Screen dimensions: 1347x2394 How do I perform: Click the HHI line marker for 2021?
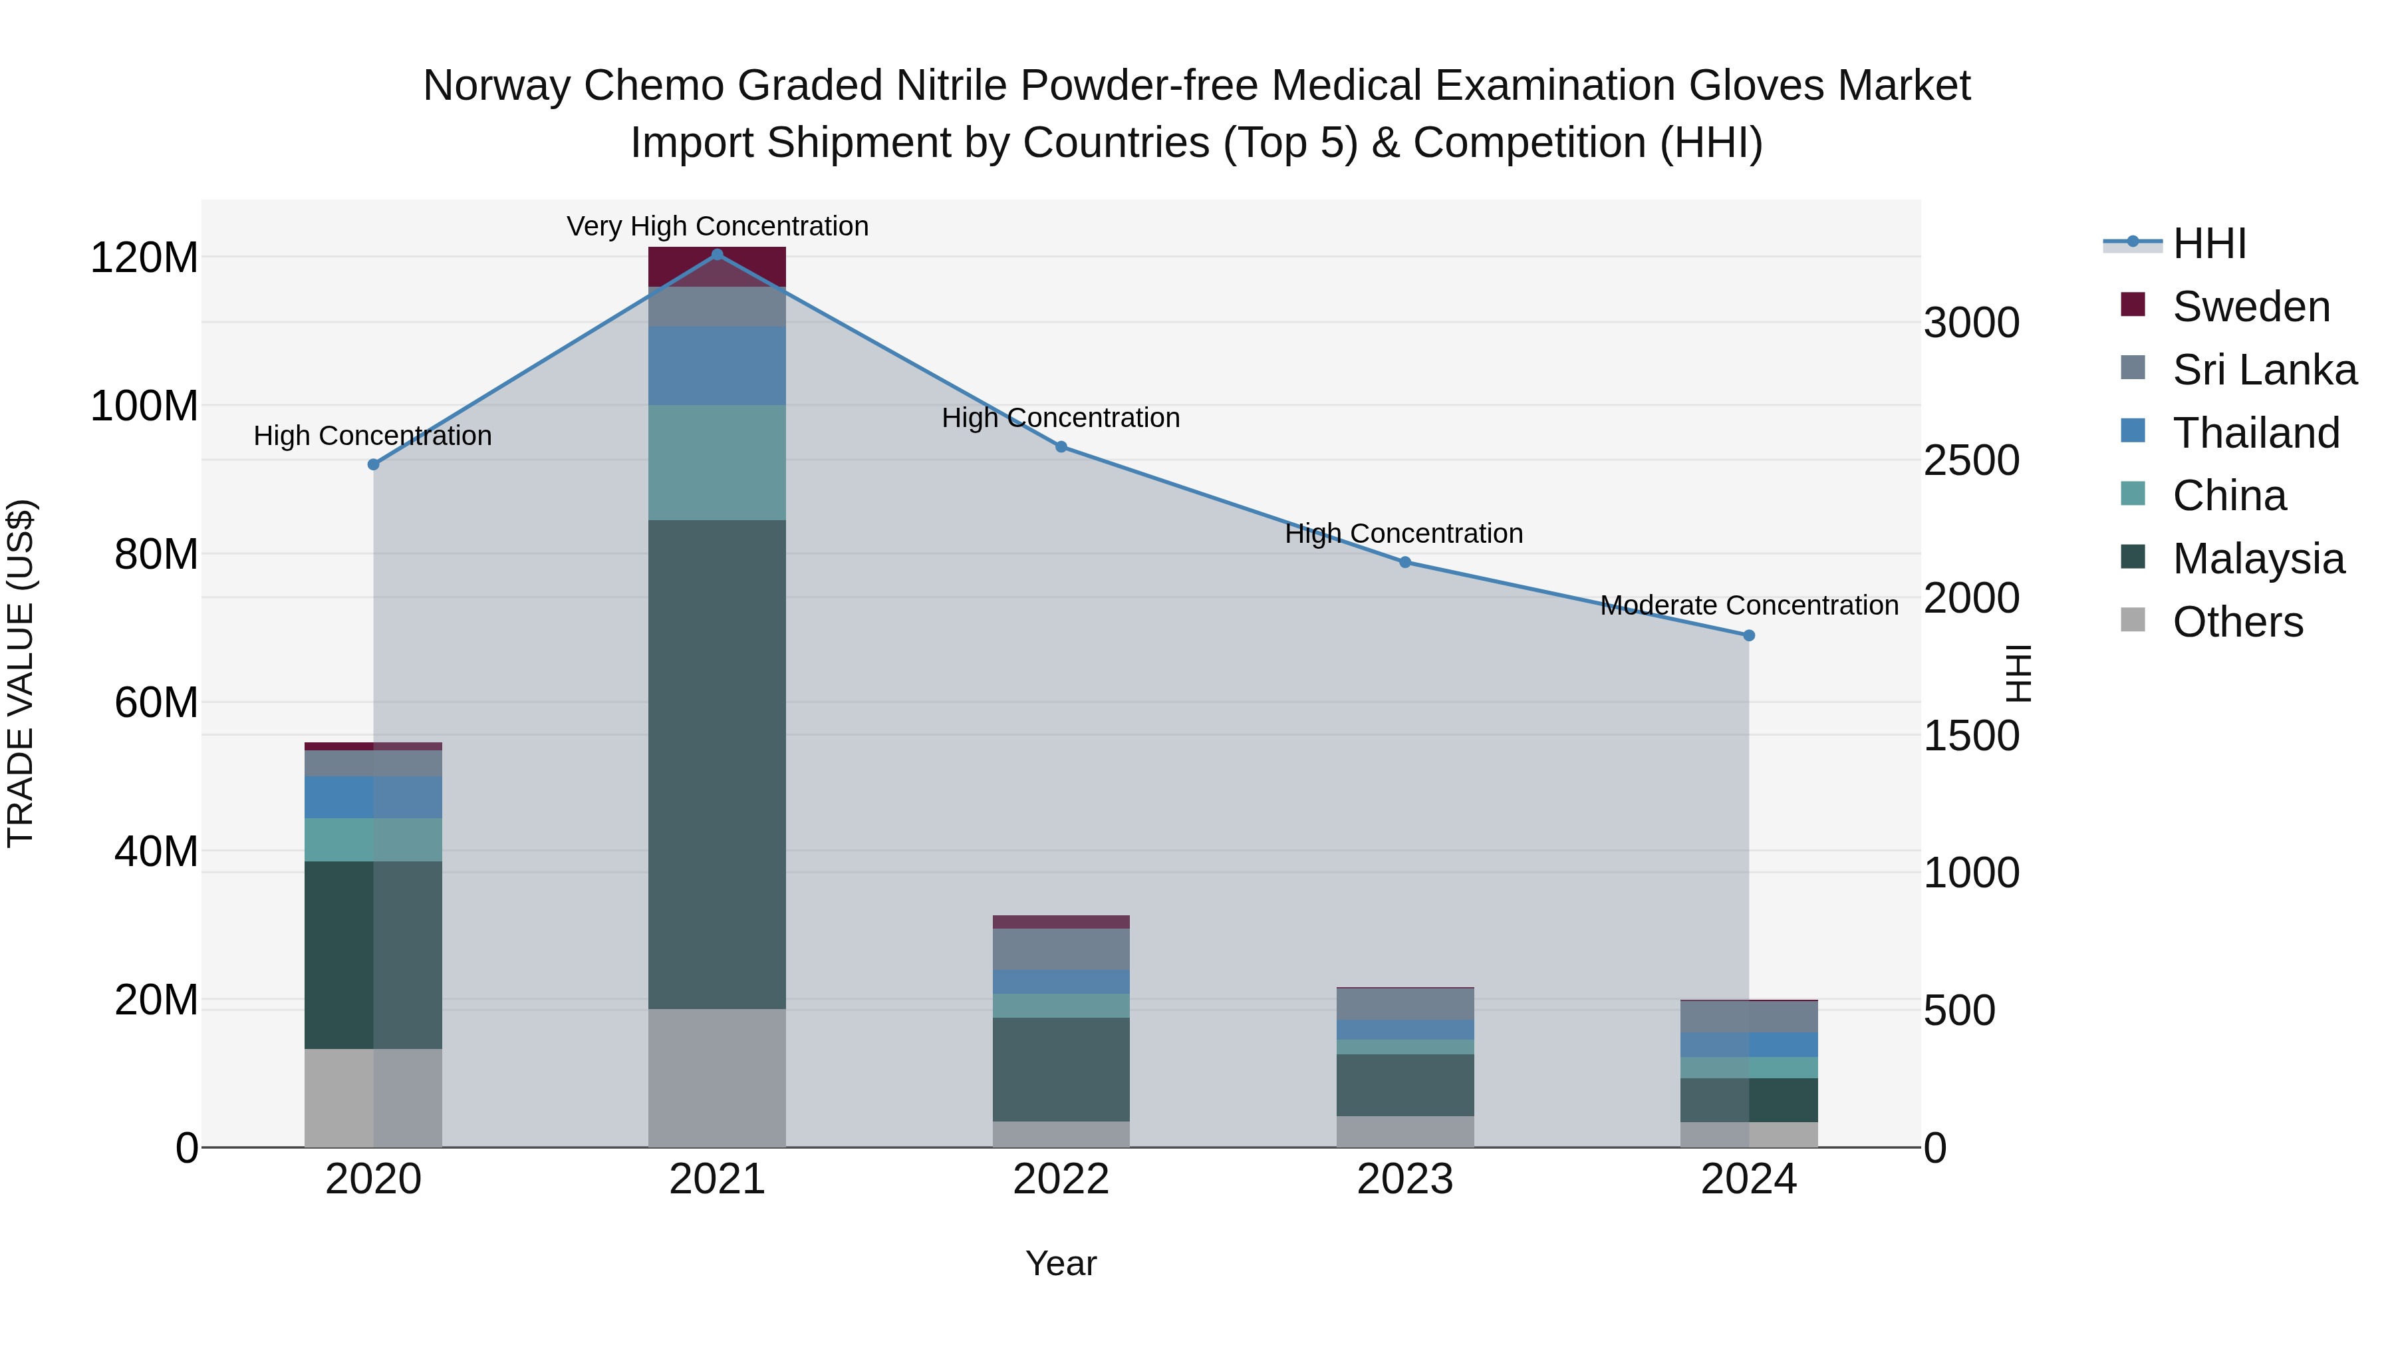716,255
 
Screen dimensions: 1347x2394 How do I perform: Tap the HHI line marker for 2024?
1748,636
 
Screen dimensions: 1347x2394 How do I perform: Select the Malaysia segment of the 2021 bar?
716,764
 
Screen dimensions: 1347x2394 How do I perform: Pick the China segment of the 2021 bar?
716,462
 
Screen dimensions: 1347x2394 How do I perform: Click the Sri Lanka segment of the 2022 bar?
1061,949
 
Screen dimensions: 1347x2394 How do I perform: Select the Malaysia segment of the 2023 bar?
1404,1085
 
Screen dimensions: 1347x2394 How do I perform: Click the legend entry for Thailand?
2256,433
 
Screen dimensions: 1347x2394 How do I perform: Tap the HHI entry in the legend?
2209,243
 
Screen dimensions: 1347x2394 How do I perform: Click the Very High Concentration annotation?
716,227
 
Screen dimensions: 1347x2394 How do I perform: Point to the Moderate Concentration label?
1748,605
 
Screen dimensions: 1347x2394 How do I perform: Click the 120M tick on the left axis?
144,257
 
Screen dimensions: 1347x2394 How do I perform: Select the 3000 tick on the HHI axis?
1971,323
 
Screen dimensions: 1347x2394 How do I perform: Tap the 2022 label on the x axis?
1061,1179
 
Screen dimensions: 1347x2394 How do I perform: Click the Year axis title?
1061,1263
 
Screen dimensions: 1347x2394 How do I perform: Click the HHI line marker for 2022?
1061,447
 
